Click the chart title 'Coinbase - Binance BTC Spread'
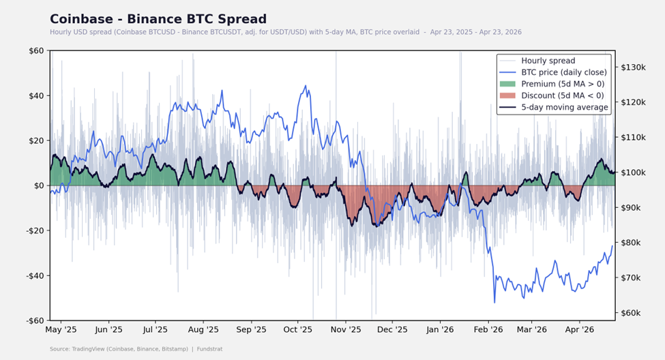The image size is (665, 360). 158,19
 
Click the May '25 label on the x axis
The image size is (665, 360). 61,330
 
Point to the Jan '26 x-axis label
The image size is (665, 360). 440,330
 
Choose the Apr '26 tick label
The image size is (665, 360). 578,330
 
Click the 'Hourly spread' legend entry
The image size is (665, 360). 548,61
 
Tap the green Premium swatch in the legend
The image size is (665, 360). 508,84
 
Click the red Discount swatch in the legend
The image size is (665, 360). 508,95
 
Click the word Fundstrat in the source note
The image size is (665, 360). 211,349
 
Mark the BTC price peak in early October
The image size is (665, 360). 306,86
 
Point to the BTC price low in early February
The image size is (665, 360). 494,302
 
